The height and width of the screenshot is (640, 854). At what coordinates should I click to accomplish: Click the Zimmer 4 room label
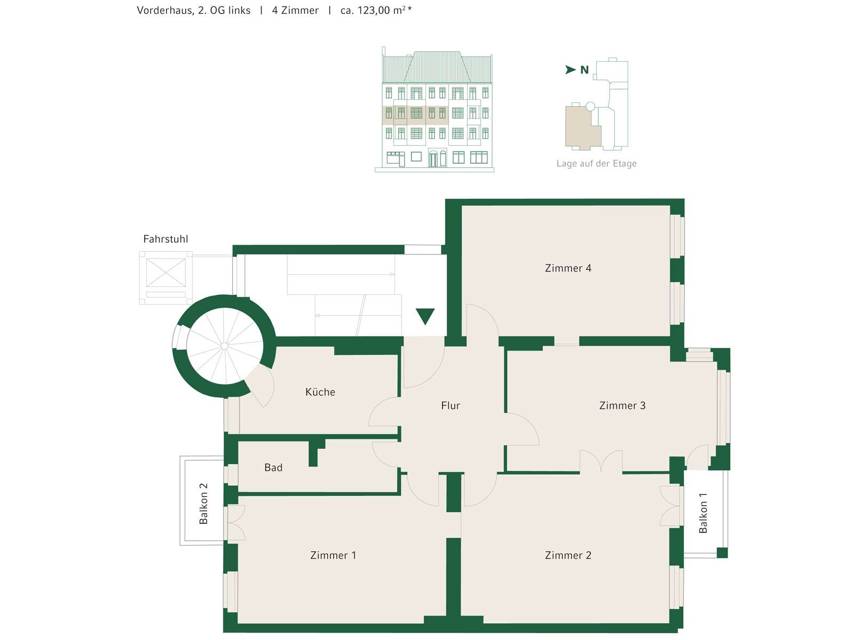point(568,268)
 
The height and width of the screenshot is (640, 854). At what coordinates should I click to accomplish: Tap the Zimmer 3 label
point(622,406)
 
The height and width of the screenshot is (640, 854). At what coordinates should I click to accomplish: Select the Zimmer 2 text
point(568,555)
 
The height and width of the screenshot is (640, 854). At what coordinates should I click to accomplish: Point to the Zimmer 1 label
point(333,555)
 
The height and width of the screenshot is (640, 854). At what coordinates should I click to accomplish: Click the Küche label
point(320,391)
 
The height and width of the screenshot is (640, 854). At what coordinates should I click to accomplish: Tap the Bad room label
point(273,468)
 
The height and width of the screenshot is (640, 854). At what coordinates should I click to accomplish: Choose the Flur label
point(450,406)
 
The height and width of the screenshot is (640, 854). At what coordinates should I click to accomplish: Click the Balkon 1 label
point(702,513)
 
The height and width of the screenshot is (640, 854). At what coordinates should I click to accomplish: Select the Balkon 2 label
point(203,503)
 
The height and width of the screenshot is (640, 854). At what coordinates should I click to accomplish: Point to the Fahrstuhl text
point(166,239)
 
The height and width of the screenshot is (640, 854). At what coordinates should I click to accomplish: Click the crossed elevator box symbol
point(166,273)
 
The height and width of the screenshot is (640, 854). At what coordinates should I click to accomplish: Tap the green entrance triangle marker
point(425,316)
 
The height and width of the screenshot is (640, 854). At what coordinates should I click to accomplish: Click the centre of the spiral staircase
point(225,346)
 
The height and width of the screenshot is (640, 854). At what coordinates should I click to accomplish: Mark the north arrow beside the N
point(571,69)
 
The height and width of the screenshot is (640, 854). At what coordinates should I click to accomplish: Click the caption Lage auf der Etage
point(596,164)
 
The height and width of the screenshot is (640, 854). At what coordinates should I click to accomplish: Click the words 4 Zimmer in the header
point(295,11)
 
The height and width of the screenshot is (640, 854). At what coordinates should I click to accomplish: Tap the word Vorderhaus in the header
point(165,11)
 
